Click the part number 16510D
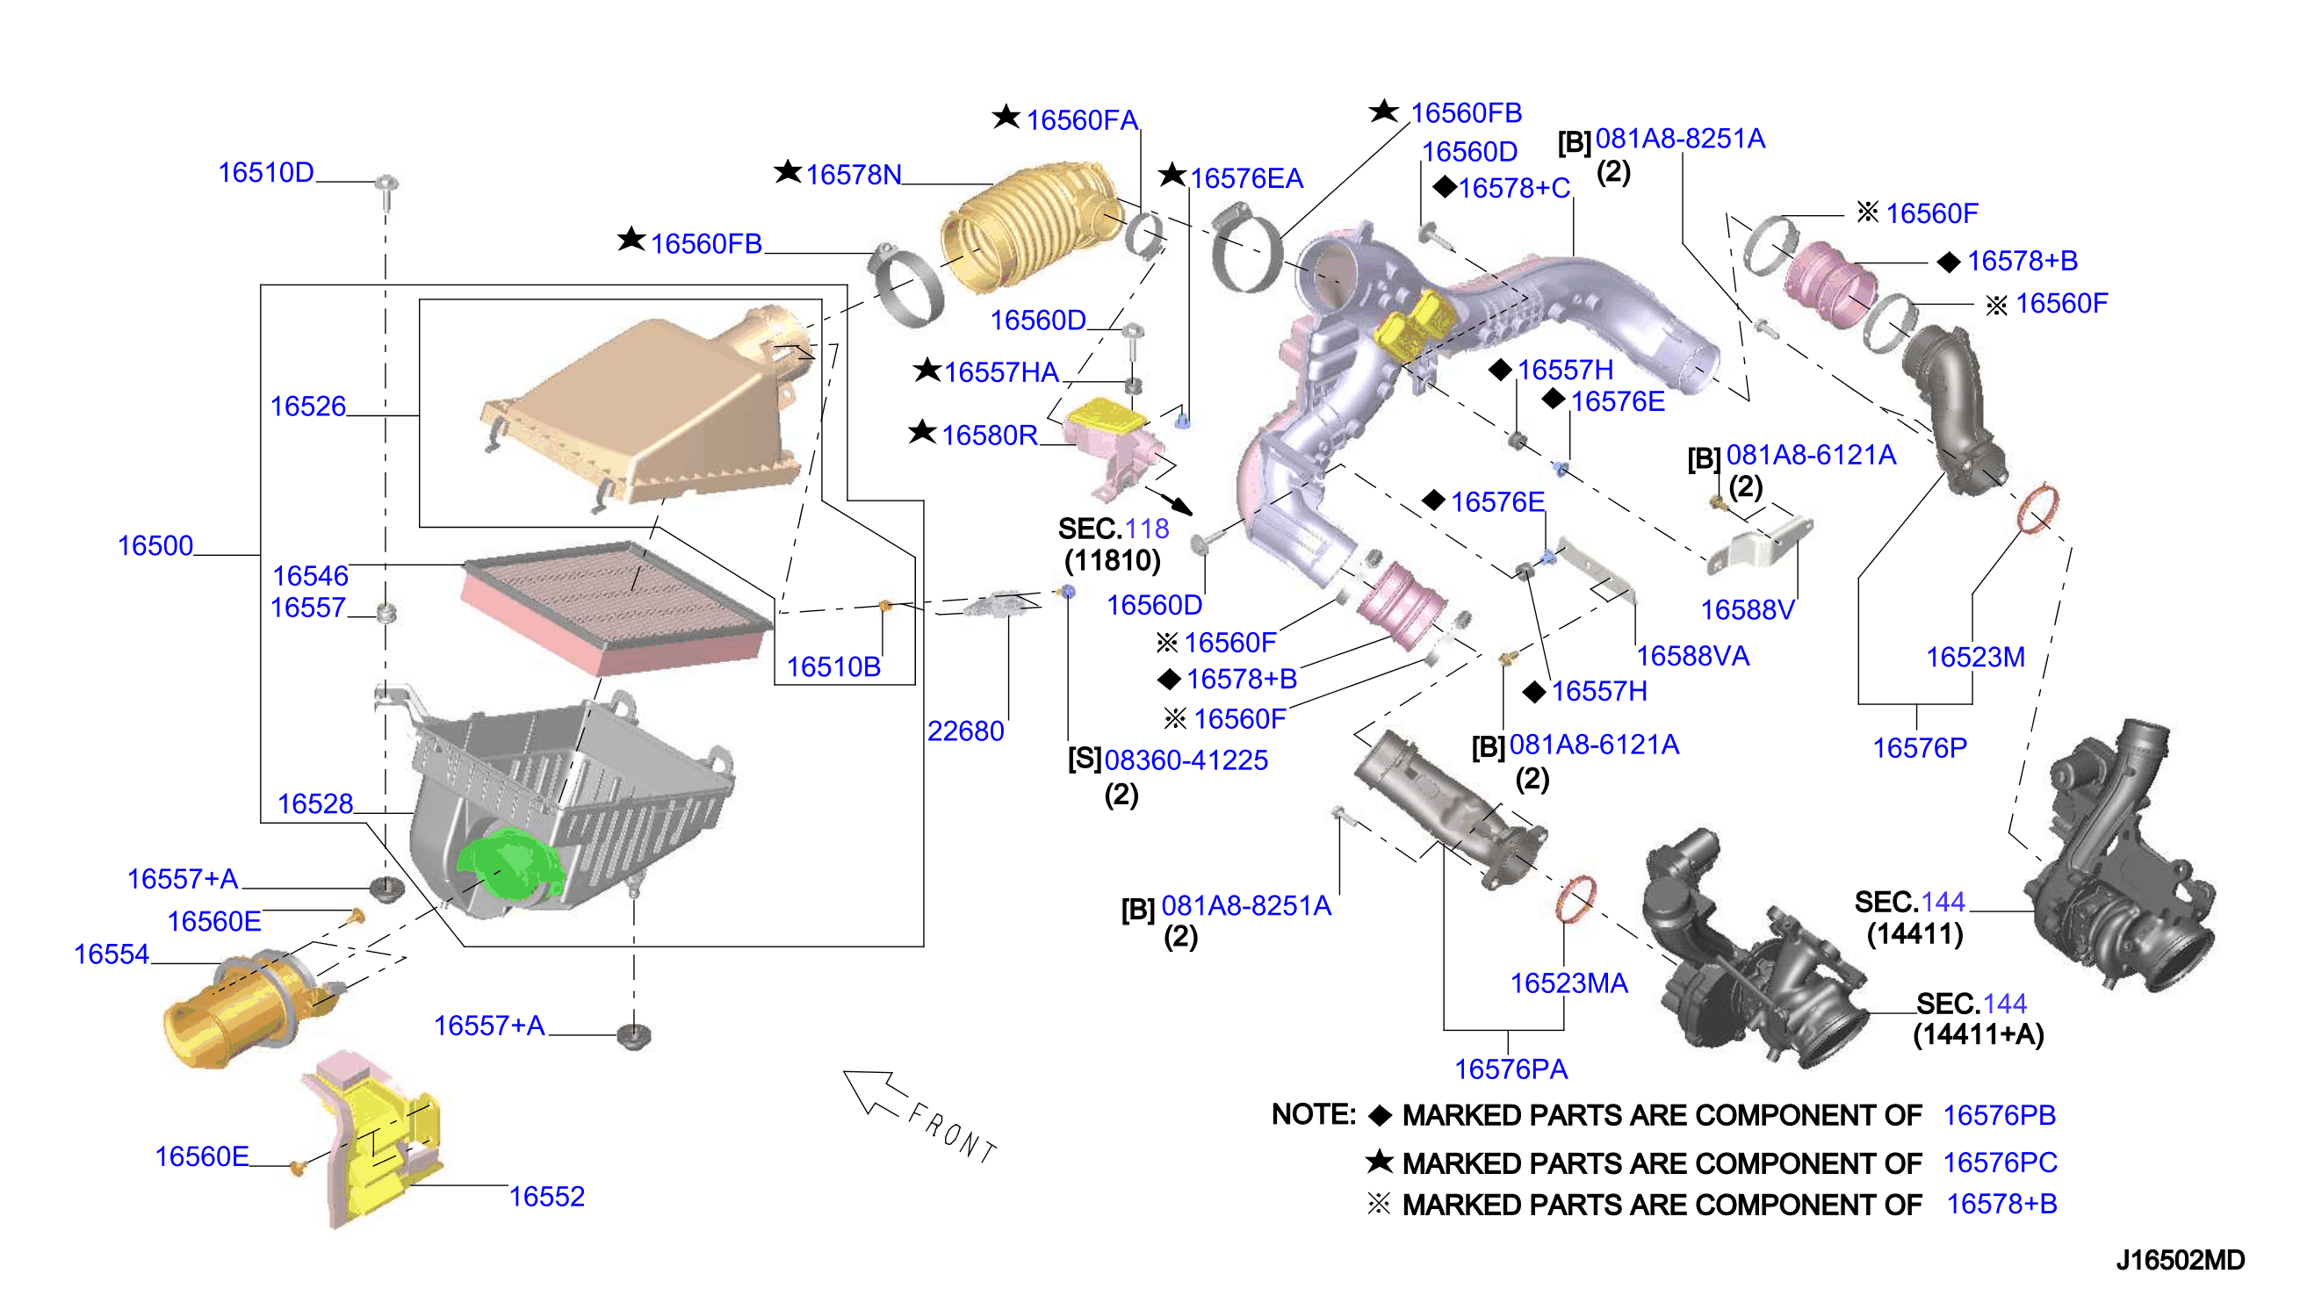266,173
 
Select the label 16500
155,546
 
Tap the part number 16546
310,576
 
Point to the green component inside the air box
509,864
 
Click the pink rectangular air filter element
616,608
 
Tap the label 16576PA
1511,1069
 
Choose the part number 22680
965,732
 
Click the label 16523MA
1568,984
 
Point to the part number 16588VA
1692,657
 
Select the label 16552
547,1197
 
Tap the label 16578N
853,176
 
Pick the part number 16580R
989,436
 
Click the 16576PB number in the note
1999,1116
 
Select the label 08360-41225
1186,760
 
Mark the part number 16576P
1920,748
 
